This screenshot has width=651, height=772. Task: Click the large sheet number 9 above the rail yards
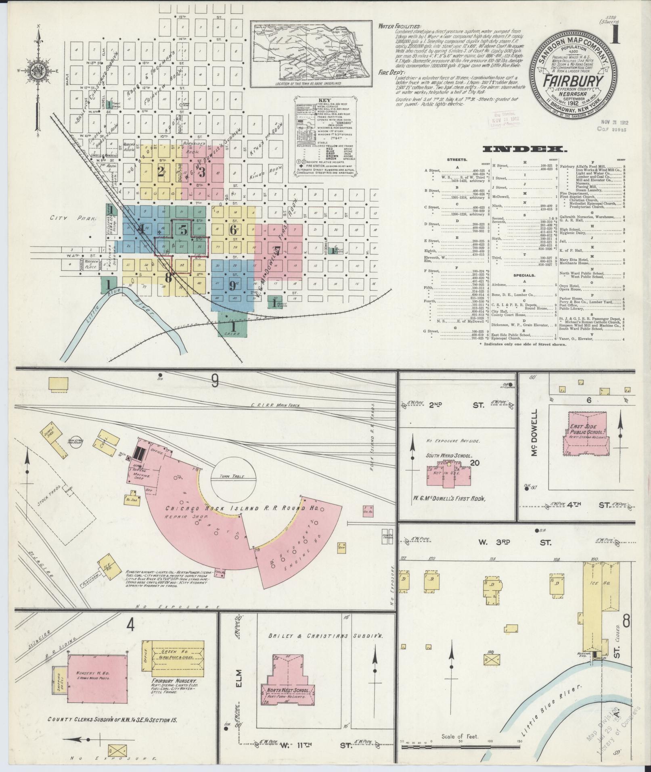[215, 381]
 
